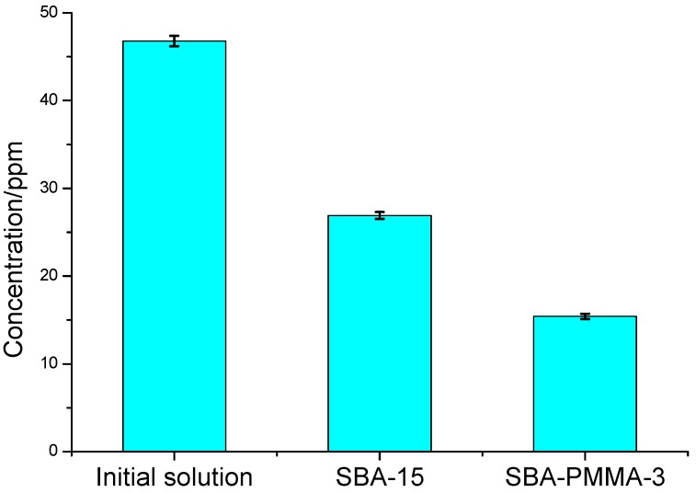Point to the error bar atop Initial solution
[174, 40]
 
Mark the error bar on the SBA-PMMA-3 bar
[585, 316]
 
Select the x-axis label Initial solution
[174, 478]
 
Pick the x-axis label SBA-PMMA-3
[585, 478]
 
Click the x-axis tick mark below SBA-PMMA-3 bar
[585, 455]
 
